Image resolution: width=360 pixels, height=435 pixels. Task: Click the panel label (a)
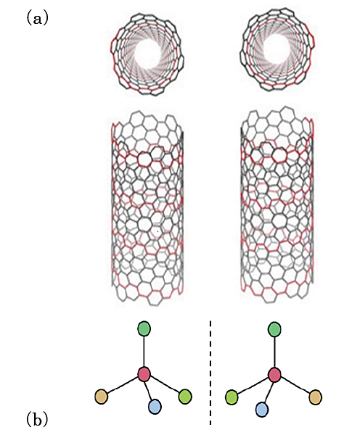[x=37, y=19]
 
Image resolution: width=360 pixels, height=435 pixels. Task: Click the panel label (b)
[x=37, y=420]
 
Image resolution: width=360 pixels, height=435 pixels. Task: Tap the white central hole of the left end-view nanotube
[x=147, y=54]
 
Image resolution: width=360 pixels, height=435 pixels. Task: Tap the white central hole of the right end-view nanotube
[x=274, y=50]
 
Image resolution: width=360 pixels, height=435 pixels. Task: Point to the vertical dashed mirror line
[x=210, y=373]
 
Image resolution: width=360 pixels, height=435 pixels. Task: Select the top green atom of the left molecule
[x=144, y=328]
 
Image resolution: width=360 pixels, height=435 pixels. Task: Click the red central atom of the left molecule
[x=144, y=374]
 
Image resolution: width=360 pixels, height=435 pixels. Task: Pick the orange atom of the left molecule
[x=102, y=397]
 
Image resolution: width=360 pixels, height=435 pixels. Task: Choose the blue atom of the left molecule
[x=155, y=407]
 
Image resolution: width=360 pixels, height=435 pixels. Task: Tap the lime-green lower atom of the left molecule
[x=185, y=397]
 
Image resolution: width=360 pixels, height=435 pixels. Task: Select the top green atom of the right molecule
[x=274, y=329]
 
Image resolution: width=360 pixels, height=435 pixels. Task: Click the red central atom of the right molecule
[x=275, y=375]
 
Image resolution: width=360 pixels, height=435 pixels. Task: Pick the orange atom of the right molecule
[x=315, y=397]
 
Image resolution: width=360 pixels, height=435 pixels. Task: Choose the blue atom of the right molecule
[x=262, y=410]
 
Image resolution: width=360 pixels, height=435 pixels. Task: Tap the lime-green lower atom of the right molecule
[x=232, y=397]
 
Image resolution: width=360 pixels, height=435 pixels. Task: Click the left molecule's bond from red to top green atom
[x=144, y=351]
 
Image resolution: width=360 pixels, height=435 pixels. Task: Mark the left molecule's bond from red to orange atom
[x=123, y=386]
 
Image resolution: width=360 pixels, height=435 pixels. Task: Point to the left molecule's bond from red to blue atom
[x=150, y=390]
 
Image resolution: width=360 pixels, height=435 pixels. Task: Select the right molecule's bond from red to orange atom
[x=295, y=386]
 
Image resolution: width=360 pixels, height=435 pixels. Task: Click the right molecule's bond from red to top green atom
[x=274, y=352]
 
